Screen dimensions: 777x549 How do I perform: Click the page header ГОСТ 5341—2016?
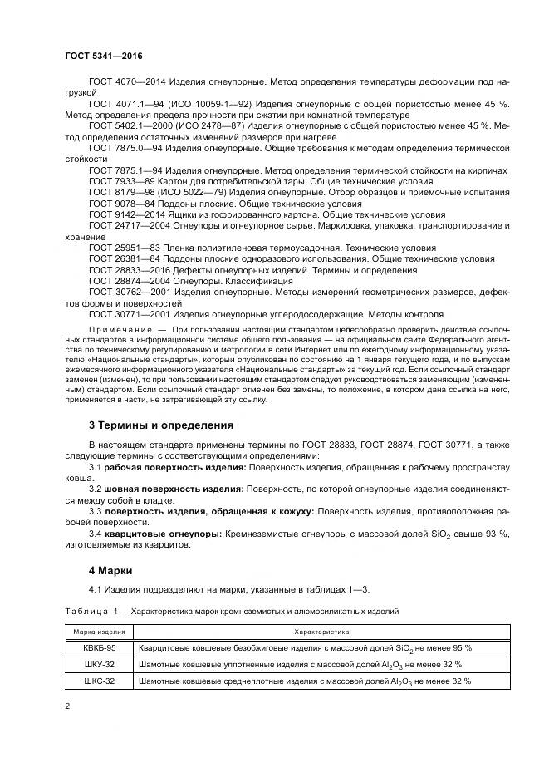(104, 55)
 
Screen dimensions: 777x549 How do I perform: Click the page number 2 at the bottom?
(67, 707)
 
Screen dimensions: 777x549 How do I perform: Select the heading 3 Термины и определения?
(160, 425)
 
